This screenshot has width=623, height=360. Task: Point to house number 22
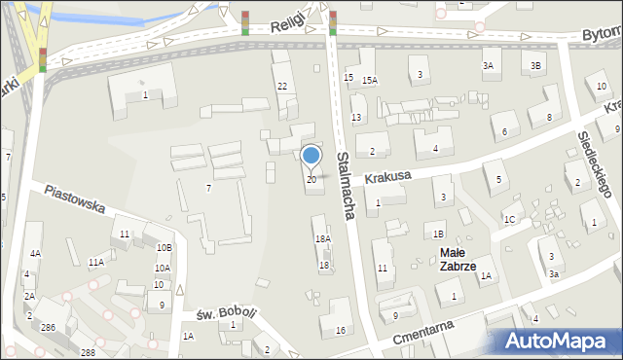click(282, 87)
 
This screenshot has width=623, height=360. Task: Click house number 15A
click(369, 80)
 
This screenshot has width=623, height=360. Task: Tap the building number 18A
click(322, 238)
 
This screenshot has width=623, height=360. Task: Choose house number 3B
click(535, 65)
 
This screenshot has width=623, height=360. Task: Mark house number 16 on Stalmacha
click(340, 331)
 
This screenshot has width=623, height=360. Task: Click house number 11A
click(95, 262)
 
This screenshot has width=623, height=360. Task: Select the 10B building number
click(165, 248)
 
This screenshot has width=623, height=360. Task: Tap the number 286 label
click(48, 328)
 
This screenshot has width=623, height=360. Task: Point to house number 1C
click(509, 219)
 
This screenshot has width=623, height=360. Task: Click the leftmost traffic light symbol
click(43, 59)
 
